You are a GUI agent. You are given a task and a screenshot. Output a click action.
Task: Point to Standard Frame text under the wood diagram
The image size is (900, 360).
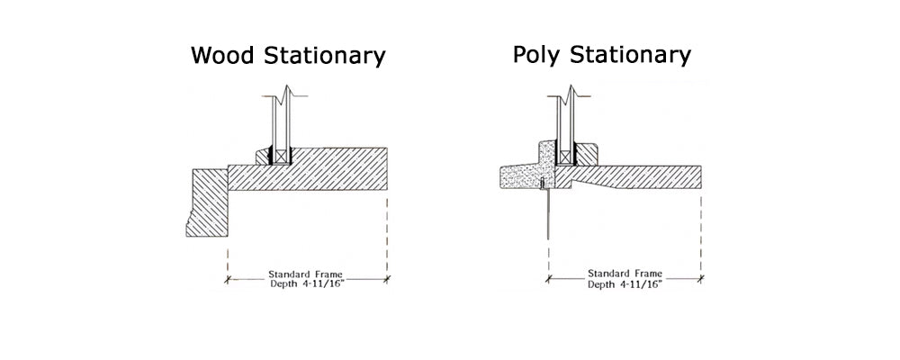click(x=306, y=274)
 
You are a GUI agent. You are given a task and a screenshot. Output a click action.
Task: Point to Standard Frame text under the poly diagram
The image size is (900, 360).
click(x=625, y=274)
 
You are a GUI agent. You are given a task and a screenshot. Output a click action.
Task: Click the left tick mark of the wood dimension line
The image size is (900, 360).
click(x=228, y=280)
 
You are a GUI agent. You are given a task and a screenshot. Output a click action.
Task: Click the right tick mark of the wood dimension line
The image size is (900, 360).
click(x=387, y=280)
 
